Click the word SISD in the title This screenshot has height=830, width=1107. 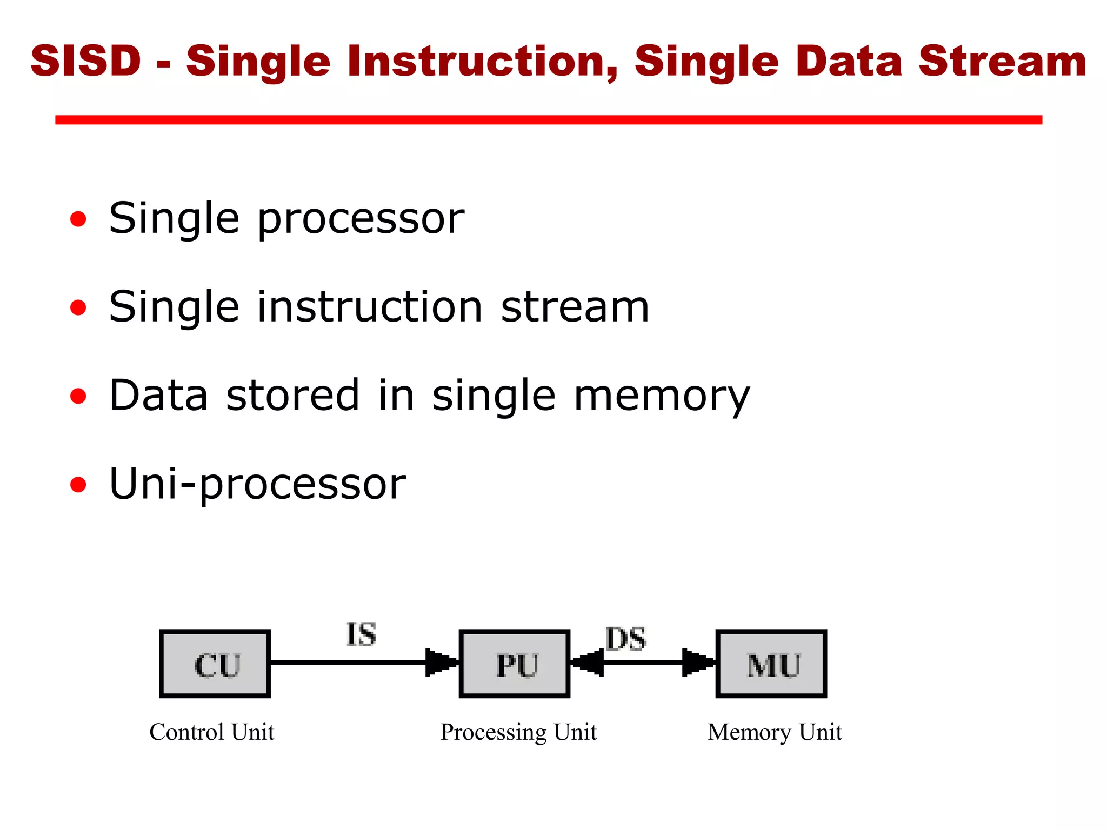(x=85, y=61)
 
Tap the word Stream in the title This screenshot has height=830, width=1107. (x=1002, y=62)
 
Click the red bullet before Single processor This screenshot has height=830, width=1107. (x=78, y=219)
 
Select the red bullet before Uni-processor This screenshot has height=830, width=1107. (x=78, y=485)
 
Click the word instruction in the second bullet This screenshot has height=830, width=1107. (x=369, y=307)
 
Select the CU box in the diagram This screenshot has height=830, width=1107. (x=215, y=664)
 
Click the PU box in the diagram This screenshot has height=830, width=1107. (x=515, y=664)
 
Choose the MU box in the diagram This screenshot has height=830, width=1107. (x=771, y=664)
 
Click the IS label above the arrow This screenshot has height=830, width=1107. (x=361, y=634)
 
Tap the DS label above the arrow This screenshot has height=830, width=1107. (x=625, y=639)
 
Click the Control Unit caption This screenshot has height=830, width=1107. (x=212, y=732)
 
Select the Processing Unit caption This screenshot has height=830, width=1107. (x=518, y=733)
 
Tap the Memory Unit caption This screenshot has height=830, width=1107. (x=775, y=733)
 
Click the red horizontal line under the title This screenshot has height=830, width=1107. (x=548, y=120)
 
